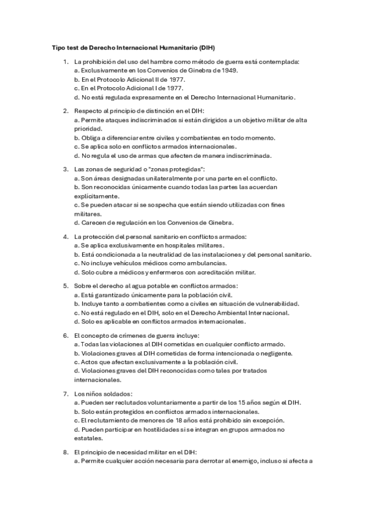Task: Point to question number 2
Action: [66, 110]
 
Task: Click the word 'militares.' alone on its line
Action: [88, 215]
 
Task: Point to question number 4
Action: [66, 236]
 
